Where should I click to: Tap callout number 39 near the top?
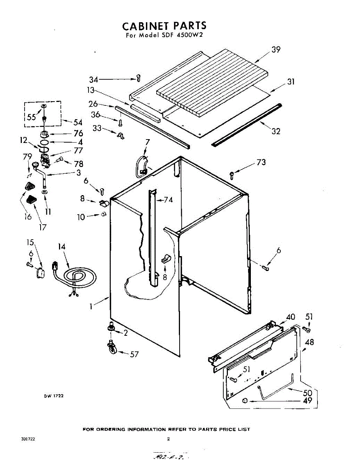[x=276, y=49]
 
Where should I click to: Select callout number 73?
[x=260, y=163]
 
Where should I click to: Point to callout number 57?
[x=134, y=354]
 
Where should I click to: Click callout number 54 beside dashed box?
[x=78, y=122]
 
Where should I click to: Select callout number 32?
[x=276, y=131]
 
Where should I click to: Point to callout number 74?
[x=169, y=200]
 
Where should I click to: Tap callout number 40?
[x=291, y=317]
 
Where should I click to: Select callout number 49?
[x=307, y=401]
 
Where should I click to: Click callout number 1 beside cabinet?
[x=91, y=306]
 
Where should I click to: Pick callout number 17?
[x=43, y=227]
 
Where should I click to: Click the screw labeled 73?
[x=232, y=175]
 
